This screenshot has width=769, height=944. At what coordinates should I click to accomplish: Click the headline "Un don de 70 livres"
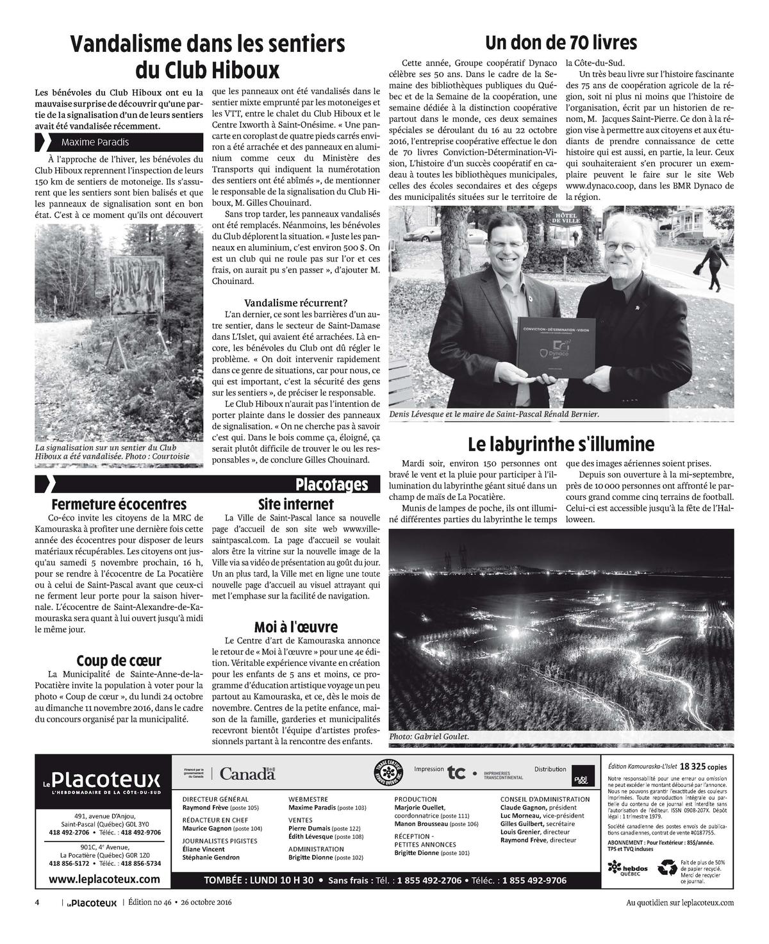click(x=561, y=43)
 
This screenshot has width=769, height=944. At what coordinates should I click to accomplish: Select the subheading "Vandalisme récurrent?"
click(x=296, y=302)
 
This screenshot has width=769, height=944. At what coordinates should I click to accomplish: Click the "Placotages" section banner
click(x=332, y=484)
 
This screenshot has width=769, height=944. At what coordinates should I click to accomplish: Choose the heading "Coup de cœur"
click(x=119, y=661)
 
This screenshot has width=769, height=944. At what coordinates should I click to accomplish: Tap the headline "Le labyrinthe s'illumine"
click(x=561, y=443)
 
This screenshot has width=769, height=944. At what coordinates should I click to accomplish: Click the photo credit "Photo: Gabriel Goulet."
click(x=429, y=737)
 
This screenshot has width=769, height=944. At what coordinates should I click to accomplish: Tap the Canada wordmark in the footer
click(x=247, y=774)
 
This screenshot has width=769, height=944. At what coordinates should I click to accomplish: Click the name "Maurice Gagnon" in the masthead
click(x=206, y=829)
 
